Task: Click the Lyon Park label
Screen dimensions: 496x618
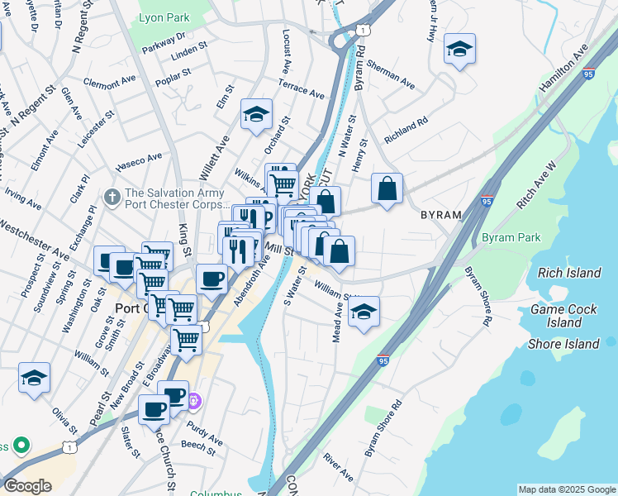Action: click(164, 17)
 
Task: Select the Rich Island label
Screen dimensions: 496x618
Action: click(569, 273)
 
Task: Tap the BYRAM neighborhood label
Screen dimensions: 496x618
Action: click(441, 214)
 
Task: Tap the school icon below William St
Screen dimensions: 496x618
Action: click(364, 312)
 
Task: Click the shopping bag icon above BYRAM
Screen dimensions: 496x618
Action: click(387, 189)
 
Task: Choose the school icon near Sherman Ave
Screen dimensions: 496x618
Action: click(459, 50)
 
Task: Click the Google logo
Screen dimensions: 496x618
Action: click(28, 486)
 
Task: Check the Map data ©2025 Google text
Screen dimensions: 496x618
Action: click(566, 489)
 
